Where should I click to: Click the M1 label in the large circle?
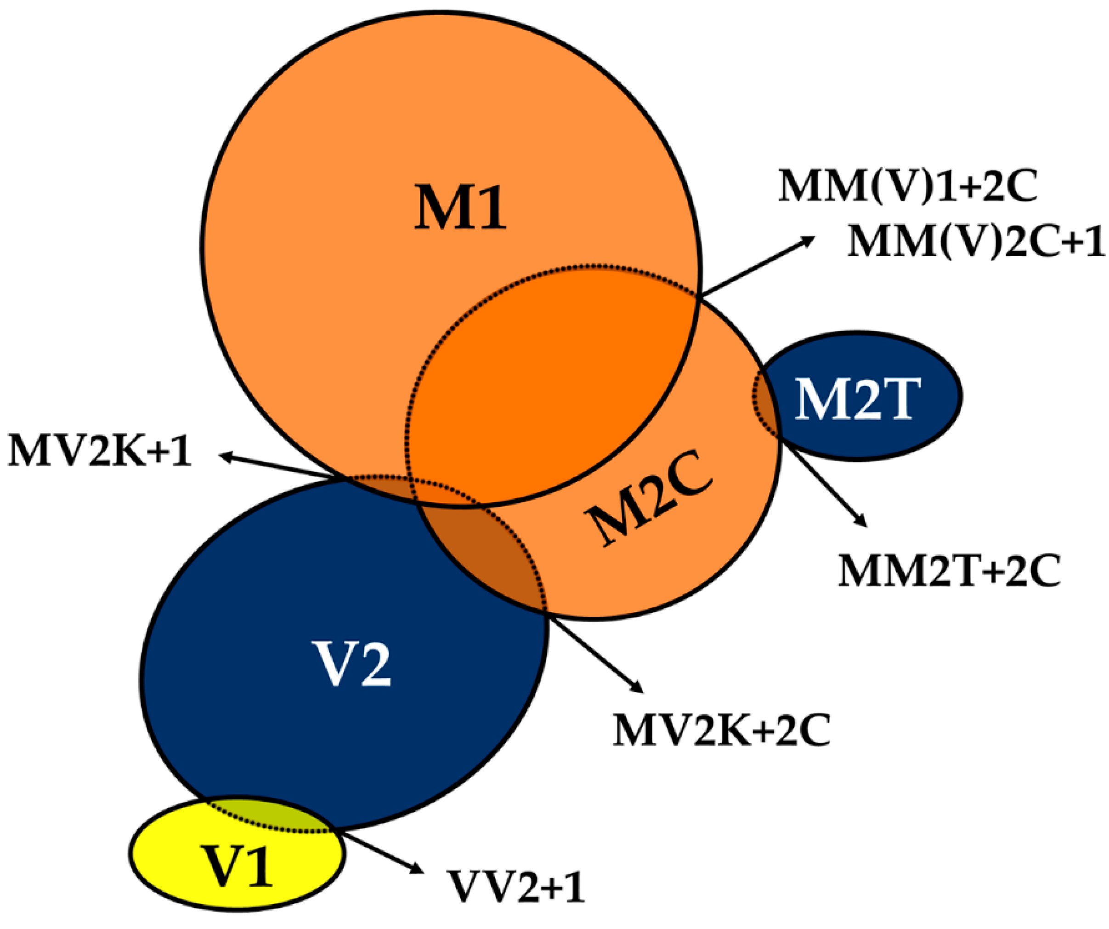tap(459, 207)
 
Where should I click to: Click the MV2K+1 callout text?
tap(99, 451)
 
